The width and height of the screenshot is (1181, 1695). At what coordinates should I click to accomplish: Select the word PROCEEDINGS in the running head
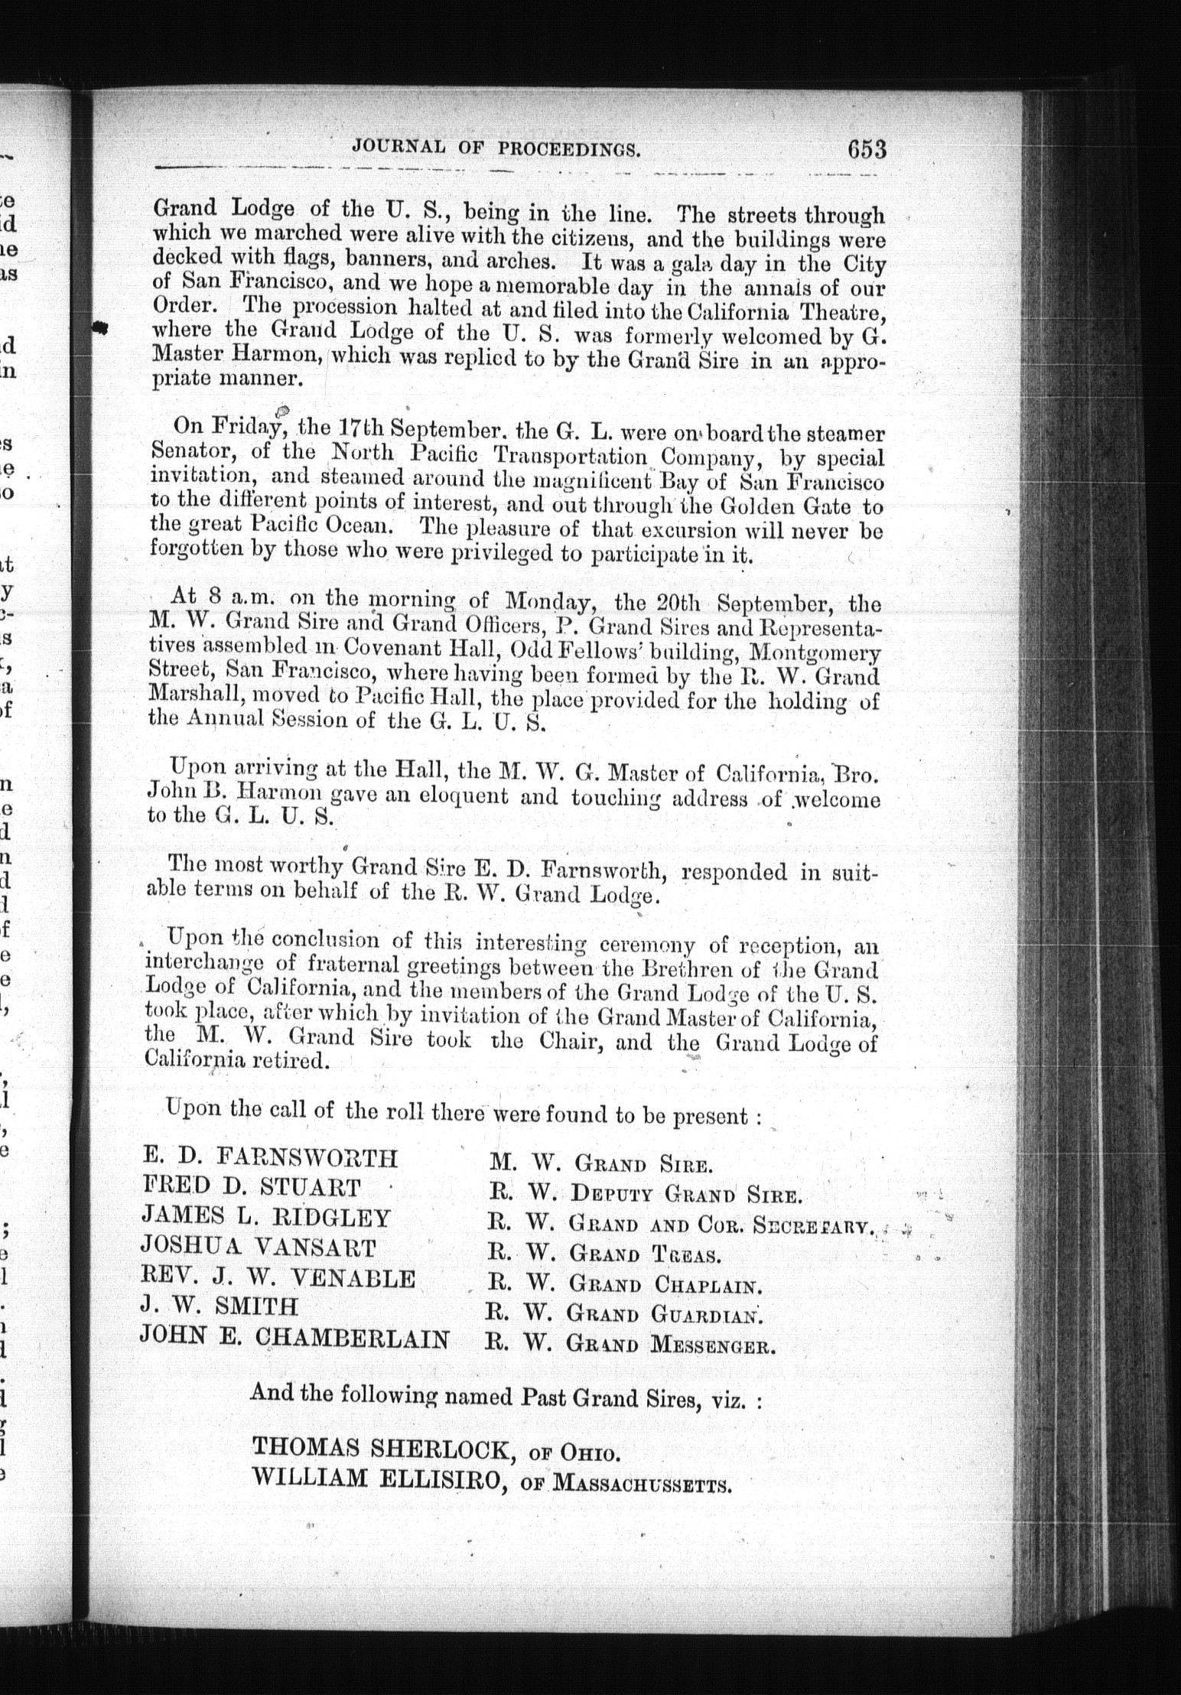pyautogui.click(x=568, y=148)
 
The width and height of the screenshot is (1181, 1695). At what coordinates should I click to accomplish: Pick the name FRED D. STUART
pyautogui.click(x=252, y=1188)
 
